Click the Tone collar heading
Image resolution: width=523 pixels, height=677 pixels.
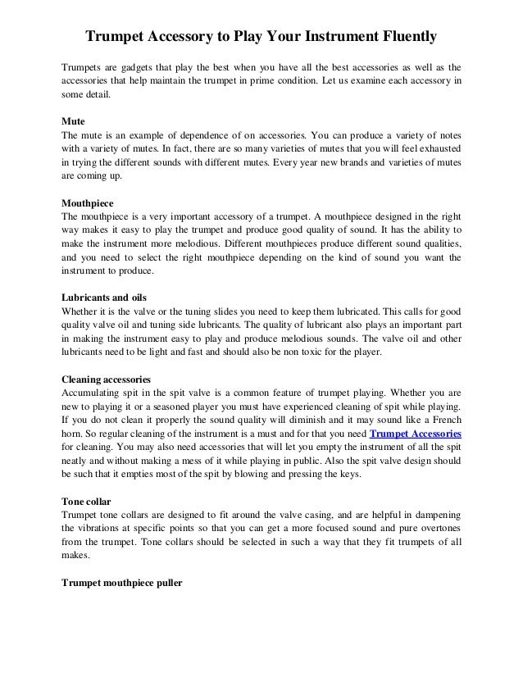[88, 501]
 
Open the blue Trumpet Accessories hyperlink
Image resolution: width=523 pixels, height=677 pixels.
[416, 433]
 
